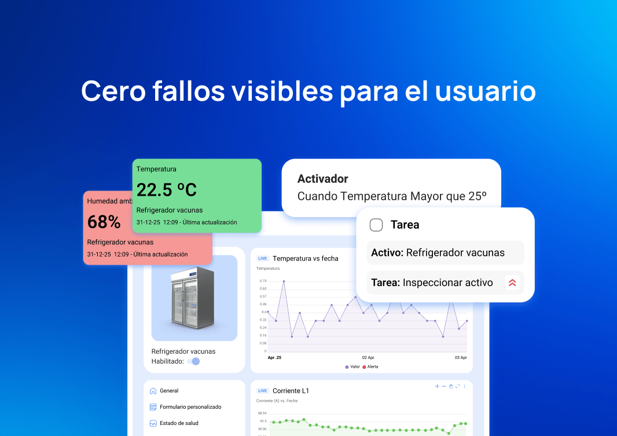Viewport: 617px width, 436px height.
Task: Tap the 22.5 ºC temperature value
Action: [167, 189]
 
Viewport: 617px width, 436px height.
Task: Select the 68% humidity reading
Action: [104, 222]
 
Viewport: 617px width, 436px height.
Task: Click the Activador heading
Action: [322, 179]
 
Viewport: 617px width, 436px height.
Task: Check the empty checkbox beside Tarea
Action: [376, 225]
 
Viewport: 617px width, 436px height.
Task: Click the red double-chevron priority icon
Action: [512, 283]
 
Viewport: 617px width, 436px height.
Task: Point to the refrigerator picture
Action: [194, 298]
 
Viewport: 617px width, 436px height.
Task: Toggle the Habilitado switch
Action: [194, 361]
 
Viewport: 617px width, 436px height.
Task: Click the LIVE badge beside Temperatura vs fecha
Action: [263, 258]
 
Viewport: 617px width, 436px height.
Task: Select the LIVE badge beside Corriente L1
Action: [263, 391]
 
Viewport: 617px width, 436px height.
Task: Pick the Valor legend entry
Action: [352, 367]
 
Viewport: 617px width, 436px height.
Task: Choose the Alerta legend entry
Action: [370, 367]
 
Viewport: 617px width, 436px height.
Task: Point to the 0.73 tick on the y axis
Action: [263, 281]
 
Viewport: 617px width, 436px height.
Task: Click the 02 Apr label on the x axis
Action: [368, 358]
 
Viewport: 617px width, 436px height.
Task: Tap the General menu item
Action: [168, 391]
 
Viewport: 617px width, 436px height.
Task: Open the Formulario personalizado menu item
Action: [190, 407]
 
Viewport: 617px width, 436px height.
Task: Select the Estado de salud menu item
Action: [178, 423]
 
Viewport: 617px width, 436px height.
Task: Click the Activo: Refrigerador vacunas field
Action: [445, 252]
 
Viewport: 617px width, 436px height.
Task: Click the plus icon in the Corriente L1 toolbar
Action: [437, 386]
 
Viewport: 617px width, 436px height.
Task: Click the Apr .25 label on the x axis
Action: [276, 358]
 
